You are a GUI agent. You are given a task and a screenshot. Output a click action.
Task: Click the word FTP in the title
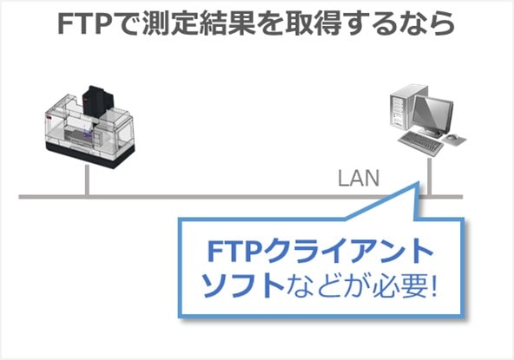tap(87, 24)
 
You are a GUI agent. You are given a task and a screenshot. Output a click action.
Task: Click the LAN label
tap(359, 178)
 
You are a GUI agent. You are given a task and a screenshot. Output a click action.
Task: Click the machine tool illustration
tap(89, 127)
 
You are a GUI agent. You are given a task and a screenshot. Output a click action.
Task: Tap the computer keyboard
tap(420, 142)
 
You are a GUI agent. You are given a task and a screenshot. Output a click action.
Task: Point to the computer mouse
tap(454, 137)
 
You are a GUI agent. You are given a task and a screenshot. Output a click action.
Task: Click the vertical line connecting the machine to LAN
tap(87, 180)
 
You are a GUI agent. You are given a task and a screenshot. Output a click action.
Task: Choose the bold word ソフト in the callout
tap(242, 285)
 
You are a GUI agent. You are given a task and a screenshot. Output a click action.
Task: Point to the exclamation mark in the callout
tap(434, 285)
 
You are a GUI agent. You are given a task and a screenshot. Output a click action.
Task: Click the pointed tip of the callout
tap(418, 182)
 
